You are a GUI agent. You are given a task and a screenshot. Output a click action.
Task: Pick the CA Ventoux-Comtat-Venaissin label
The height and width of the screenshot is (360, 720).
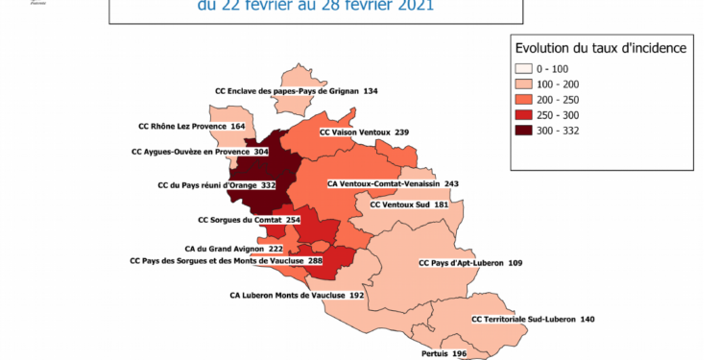click(x=394, y=183)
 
